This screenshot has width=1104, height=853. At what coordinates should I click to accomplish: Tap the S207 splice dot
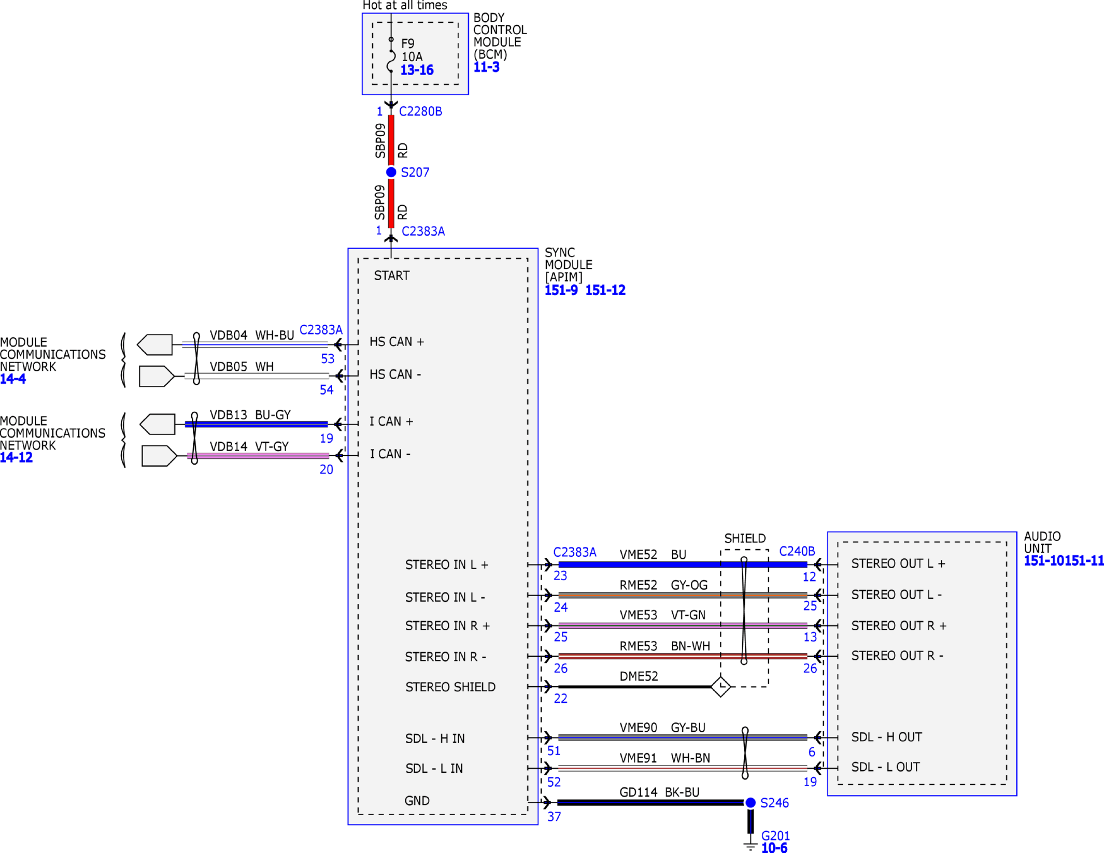click(391, 172)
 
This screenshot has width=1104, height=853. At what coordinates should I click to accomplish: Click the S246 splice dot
click(750, 802)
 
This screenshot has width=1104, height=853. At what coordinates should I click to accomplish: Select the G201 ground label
click(775, 835)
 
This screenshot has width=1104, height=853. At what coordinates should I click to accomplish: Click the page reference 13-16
click(417, 70)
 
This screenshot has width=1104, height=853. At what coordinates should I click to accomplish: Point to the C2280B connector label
click(420, 111)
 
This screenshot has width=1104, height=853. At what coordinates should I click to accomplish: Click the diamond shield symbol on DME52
click(720, 686)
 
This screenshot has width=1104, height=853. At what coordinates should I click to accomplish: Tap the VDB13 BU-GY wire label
click(250, 415)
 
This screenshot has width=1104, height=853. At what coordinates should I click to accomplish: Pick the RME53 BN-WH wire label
click(664, 646)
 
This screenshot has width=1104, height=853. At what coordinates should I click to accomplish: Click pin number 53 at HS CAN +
click(328, 358)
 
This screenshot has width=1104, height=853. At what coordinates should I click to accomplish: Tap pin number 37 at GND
click(554, 817)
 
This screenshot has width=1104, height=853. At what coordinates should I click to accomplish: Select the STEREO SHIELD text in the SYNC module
click(450, 687)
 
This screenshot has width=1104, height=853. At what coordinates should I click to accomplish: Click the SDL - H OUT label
click(886, 737)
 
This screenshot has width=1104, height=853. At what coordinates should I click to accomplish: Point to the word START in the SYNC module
click(391, 276)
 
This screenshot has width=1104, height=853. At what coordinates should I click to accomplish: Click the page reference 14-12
click(16, 457)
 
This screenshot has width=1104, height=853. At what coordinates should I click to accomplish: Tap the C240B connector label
click(797, 551)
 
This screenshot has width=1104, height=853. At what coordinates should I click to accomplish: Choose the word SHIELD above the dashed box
click(745, 538)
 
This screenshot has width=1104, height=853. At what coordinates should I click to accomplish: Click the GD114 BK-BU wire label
click(659, 792)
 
